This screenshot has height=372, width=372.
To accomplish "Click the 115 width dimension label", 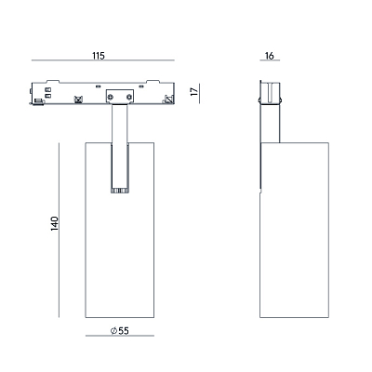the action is click(x=99, y=56).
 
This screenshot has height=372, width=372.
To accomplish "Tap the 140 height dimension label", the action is click(x=55, y=223).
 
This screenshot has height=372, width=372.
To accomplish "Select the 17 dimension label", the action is click(x=194, y=91).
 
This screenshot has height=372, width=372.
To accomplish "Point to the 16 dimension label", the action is click(x=270, y=56).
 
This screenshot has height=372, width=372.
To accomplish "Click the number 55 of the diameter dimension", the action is click(x=124, y=331).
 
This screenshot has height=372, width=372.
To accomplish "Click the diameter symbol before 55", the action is click(x=113, y=331).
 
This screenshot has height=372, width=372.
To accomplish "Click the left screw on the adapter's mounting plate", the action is click(x=111, y=98).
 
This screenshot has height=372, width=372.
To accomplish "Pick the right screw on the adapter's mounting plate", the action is click(x=129, y=98).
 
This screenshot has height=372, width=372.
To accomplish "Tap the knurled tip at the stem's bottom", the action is click(x=120, y=191).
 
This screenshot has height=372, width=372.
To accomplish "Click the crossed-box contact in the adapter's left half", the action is click(x=78, y=100).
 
